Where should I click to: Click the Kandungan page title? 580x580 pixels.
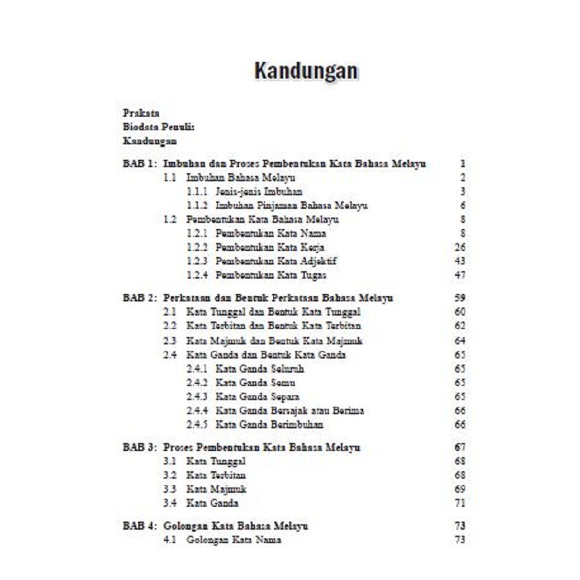306,71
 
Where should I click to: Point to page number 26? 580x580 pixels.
460,247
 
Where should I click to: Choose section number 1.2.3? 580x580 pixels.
197,261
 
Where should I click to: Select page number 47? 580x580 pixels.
460,275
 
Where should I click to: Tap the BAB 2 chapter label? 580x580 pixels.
140,298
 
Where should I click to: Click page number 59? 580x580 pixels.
460,298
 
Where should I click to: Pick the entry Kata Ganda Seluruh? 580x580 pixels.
260,369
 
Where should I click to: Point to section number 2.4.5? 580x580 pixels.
197,425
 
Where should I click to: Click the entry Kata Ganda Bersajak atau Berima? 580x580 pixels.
290,411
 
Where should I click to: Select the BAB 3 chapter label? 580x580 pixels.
140,448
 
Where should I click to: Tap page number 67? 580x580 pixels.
460,448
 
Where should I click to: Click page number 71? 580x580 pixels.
460,503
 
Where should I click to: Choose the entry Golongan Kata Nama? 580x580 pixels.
234,540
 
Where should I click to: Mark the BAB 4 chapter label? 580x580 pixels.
140,526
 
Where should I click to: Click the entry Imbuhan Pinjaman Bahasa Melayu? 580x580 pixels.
292,206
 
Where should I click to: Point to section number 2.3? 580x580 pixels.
170,341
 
